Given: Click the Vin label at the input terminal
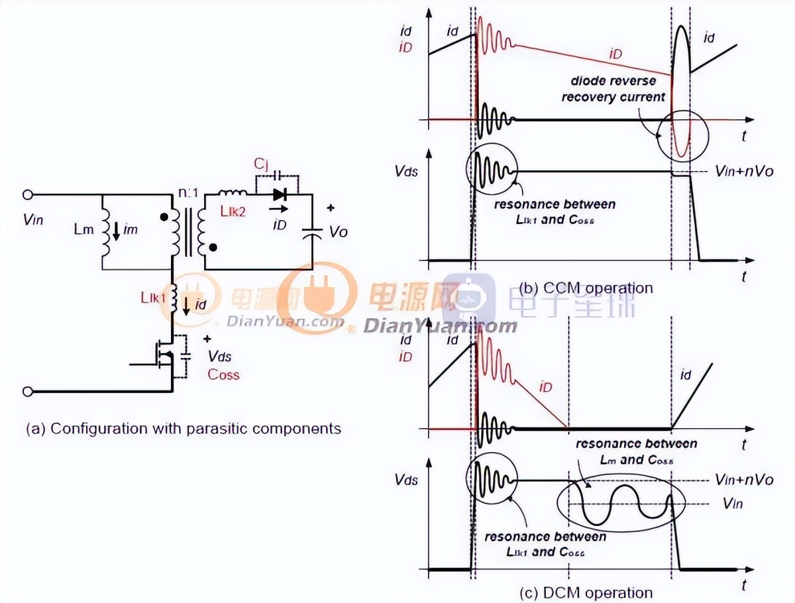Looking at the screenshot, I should pyautogui.click(x=32, y=219).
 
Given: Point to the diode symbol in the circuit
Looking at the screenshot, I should pyautogui.click(x=279, y=194).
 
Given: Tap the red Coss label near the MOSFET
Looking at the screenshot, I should pyautogui.click(x=223, y=374).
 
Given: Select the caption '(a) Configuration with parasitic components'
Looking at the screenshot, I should pyautogui.click(x=184, y=428).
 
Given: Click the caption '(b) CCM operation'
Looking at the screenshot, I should pyautogui.click(x=586, y=288).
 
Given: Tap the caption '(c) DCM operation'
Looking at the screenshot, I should pyautogui.click(x=586, y=592).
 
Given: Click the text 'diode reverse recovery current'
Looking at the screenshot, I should pyautogui.click(x=613, y=89).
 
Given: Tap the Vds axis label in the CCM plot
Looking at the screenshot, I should pyautogui.click(x=406, y=170).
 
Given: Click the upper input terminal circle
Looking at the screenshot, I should pyautogui.click(x=28, y=195).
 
